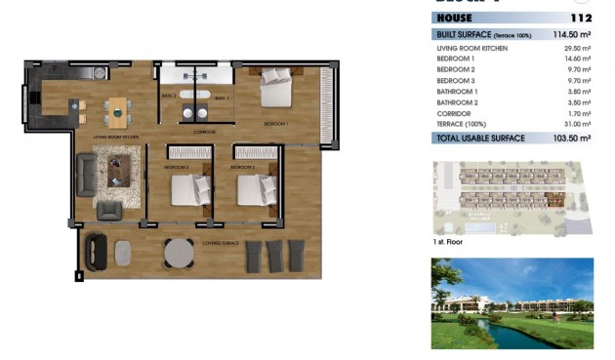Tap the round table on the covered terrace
pyautogui.click(x=178, y=253)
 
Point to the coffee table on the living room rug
pyautogui.click(x=119, y=174)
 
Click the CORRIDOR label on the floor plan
pyautogui.click(x=204, y=131)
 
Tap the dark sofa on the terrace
pyautogui.click(x=97, y=252)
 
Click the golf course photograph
pyautogui.click(x=512, y=303)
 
